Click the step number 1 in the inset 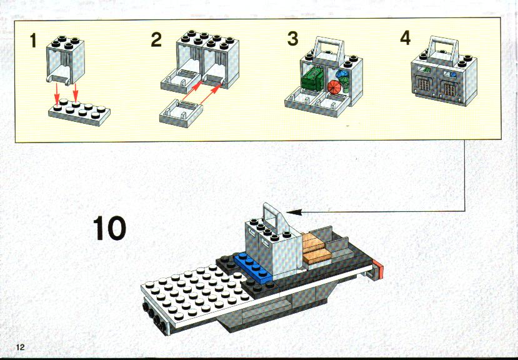(32, 41)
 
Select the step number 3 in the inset (292, 38)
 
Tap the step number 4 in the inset (406, 37)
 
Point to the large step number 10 (109, 228)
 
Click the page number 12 (20, 347)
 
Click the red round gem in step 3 (334, 87)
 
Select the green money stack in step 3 (312, 77)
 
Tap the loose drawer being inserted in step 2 (181, 114)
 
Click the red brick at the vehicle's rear (378, 269)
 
